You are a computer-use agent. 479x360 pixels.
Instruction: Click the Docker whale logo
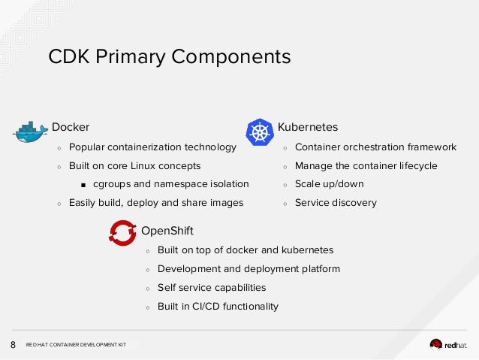tap(30, 133)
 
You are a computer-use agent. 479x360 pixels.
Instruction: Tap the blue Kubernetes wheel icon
tap(260, 132)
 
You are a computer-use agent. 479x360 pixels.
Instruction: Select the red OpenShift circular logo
tap(122, 233)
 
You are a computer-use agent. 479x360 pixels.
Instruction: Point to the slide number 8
tap(13, 345)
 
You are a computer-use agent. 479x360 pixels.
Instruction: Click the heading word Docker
tap(70, 127)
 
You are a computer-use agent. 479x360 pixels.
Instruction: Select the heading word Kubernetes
tap(307, 127)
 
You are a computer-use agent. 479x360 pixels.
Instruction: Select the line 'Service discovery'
tap(336, 202)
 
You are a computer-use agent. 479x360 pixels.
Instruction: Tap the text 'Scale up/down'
tap(329, 183)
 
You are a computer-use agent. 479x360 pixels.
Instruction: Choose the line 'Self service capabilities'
tap(211, 287)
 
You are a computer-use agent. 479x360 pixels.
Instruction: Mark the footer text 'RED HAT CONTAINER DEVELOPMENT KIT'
tap(76, 345)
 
